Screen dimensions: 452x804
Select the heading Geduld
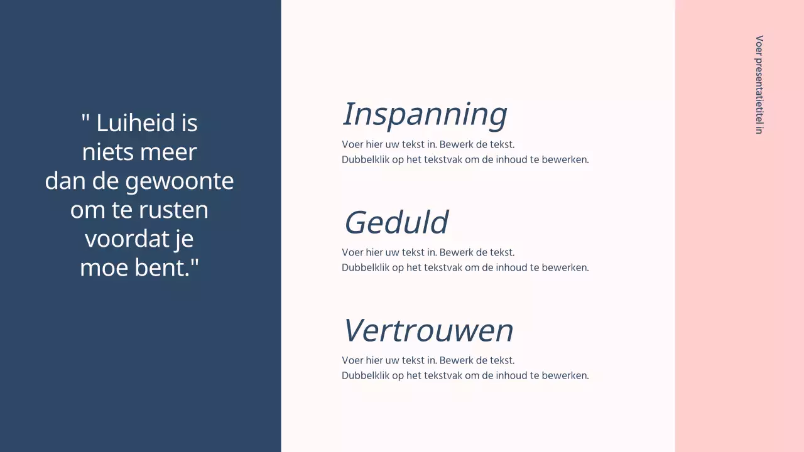point(396,223)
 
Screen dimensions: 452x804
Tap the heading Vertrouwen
point(428,331)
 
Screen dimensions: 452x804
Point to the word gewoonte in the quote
point(180,181)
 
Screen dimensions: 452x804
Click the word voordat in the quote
point(124,239)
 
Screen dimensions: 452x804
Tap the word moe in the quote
point(99,268)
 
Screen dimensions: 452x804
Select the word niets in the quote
point(103,153)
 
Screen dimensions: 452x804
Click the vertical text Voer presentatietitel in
point(759,85)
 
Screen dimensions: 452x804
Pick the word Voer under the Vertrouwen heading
point(352,360)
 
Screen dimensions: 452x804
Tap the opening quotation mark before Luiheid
point(85,118)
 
